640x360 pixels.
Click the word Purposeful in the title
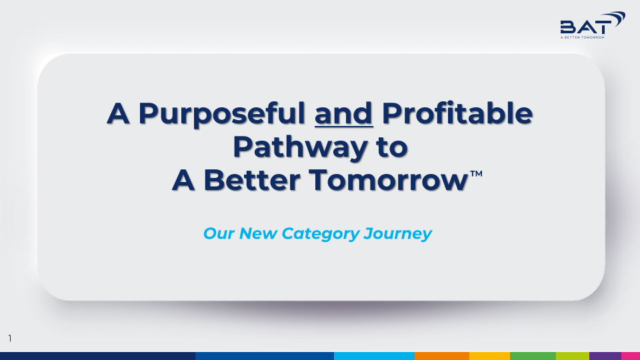point(221,114)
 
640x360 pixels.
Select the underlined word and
point(344,114)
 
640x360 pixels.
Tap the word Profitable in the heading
point(457,113)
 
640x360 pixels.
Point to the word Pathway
point(300,147)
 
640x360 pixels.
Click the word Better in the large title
point(252,180)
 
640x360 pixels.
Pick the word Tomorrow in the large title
point(388,180)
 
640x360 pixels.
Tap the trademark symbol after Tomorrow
point(476,173)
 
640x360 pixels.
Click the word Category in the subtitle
point(321,234)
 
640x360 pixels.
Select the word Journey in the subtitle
point(397,234)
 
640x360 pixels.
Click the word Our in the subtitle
point(219,233)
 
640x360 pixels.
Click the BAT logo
point(593,25)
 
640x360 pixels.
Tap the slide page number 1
point(10,339)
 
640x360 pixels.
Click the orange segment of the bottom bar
point(441,356)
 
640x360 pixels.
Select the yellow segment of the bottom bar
point(489,356)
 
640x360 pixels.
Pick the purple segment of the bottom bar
point(605,356)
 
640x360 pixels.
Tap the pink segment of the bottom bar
point(631,356)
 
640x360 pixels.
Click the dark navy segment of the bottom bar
point(97,356)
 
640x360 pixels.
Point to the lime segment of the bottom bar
point(572,356)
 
